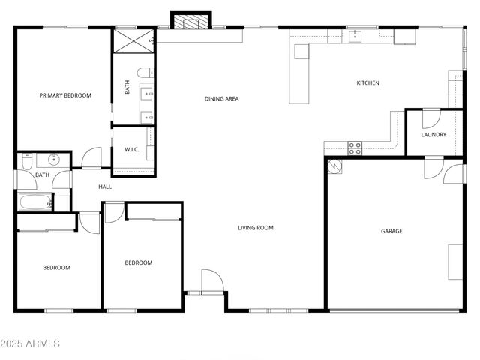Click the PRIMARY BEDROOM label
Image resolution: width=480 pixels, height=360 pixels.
tap(65, 95)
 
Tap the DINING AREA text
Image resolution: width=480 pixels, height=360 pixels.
tap(221, 98)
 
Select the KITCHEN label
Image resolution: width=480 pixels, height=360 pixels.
tap(367, 82)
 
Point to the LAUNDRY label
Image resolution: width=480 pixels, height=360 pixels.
tap(433, 135)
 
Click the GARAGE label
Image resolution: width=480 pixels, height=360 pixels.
tap(391, 231)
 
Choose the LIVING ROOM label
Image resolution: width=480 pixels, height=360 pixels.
tap(256, 227)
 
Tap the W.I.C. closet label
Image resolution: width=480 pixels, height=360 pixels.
tap(132, 150)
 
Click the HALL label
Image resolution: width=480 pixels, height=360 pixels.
tap(105, 187)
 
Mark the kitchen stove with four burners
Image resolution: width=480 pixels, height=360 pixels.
tap(355, 148)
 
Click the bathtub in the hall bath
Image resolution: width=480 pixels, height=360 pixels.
tap(35, 202)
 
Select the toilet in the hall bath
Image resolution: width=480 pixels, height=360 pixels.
tap(27, 160)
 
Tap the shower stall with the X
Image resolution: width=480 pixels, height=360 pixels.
tap(133, 40)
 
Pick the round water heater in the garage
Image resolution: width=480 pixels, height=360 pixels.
tap(336, 167)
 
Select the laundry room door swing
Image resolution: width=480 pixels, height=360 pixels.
tap(430, 118)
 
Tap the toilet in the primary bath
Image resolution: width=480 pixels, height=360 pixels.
tap(144, 73)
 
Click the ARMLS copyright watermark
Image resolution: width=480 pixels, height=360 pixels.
tap(31, 343)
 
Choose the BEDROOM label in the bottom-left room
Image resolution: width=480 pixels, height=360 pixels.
tap(56, 268)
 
